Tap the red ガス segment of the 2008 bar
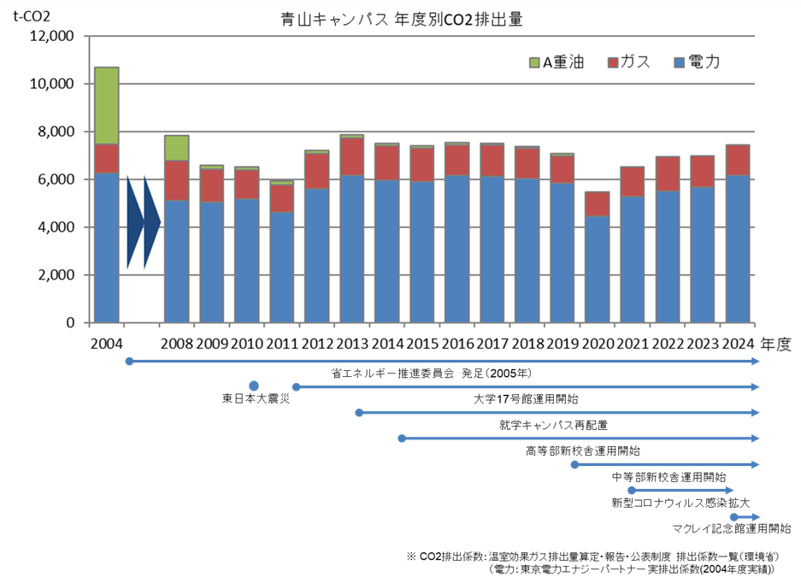[177, 180]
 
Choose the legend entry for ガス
[628, 62]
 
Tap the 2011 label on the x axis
[282, 344]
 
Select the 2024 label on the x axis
[738, 344]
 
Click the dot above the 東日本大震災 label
[254, 386]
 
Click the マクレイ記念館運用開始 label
[732, 528]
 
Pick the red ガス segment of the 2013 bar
[352, 156]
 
